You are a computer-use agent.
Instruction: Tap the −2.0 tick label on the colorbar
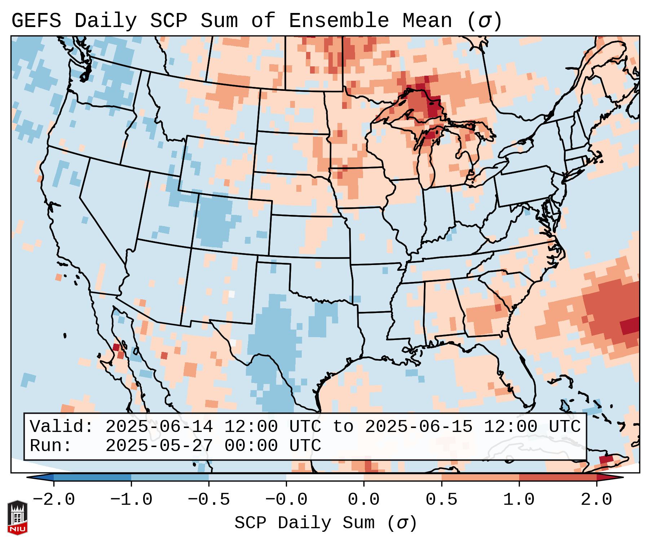click(54, 500)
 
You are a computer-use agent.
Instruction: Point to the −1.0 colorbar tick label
click(131, 500)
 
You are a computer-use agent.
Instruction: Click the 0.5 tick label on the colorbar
click(441, 500)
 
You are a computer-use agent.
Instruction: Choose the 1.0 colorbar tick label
click(519, 500)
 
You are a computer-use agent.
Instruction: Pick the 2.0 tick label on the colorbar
click(596, 500)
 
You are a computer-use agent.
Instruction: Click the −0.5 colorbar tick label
click(209, 500)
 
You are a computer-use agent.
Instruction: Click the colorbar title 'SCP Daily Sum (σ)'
click(326, 523)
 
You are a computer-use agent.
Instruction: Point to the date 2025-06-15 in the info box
click(419, 427)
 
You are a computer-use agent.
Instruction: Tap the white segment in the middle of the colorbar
click(325, 477)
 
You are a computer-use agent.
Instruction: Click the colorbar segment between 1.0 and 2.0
click(558, 477)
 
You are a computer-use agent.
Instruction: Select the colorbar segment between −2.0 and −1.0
click(92, 477)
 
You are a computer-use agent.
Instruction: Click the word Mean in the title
click(427, 21)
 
